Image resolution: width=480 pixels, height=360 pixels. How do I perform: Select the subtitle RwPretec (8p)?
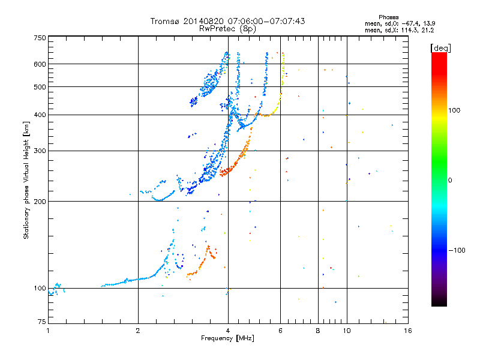click(x=227, y=29)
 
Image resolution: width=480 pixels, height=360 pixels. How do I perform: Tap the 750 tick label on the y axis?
click(x=40, y=38)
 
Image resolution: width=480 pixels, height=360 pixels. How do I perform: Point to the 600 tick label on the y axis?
click(x=40, y=64)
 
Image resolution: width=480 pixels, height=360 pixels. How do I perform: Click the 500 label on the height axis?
click(x=40, y=87)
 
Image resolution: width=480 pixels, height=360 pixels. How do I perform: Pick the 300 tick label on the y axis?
click(x=40, y=151)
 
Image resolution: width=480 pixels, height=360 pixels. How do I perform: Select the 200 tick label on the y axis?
click(x=40, y=202)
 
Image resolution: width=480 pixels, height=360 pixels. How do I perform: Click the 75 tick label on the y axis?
click(x=42, y=322)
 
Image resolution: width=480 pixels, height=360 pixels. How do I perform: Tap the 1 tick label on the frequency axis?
click(x=48, y=331)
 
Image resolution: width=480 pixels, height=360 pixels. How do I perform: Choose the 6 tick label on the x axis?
click(x=280, y=331)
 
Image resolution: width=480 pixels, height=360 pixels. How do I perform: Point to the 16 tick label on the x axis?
click(x=408, y=331)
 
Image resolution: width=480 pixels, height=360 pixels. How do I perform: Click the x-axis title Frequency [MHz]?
click(x=227, y=338)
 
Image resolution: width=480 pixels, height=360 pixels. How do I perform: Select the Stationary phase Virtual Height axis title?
click(x=26, y=181)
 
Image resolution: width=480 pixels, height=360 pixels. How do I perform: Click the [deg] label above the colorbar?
click(x=440, y=48)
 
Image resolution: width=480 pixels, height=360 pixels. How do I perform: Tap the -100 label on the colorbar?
click(x=457, y=250)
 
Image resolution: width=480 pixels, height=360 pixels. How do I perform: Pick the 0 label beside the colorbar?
click(x=450, y=181)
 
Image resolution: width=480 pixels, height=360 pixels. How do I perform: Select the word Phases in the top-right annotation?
click(x=388, y=17)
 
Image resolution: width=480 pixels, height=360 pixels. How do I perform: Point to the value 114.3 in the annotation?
click(x=410, y=31)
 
